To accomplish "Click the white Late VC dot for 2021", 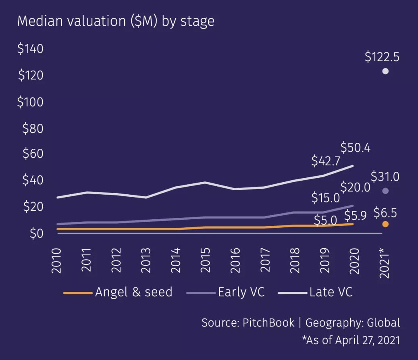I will [x=385, y=71].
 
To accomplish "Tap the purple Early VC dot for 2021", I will [x=385, y=191].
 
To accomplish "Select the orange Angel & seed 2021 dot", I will [x=385, y=224].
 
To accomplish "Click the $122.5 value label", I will [x=382, y=57].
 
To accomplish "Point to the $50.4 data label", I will [x=356, y=148].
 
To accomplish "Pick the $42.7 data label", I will [x=326, y=161].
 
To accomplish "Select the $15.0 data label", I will [x=326, y=198].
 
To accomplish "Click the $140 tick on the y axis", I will [x=30, y=49].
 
